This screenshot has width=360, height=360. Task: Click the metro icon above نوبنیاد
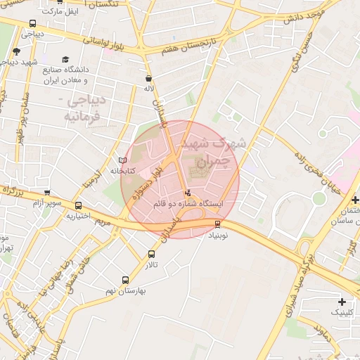[x=217, y=224]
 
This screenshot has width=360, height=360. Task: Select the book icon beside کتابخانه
[x=122, y=161]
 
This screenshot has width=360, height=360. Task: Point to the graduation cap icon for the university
[x=65, y=60]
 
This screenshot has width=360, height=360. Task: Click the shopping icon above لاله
[x=148, y=79]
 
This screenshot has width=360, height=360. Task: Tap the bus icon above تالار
[x=152, y=254]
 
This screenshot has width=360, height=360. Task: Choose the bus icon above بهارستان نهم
[x=125, y=279]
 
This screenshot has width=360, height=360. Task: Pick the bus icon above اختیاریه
[x=78, y=206]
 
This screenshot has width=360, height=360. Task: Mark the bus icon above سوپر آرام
[x=47, y=193]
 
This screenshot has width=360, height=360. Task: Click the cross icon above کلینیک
[x=342, y=301]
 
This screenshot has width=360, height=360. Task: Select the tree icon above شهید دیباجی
[x=16, y=51]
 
